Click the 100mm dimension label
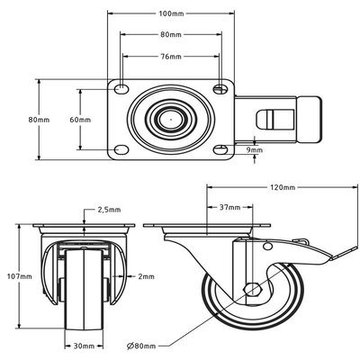[x=170, y=14]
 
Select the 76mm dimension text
[x=170, y=55]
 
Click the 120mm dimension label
[x=283, y=187]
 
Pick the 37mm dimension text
[x=229, y=207]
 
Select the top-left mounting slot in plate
[x=121, y=88]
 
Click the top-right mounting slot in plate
[x=220, y=88]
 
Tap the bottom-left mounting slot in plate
[x=121, y=150]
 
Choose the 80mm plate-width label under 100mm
[x=170, y=35]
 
